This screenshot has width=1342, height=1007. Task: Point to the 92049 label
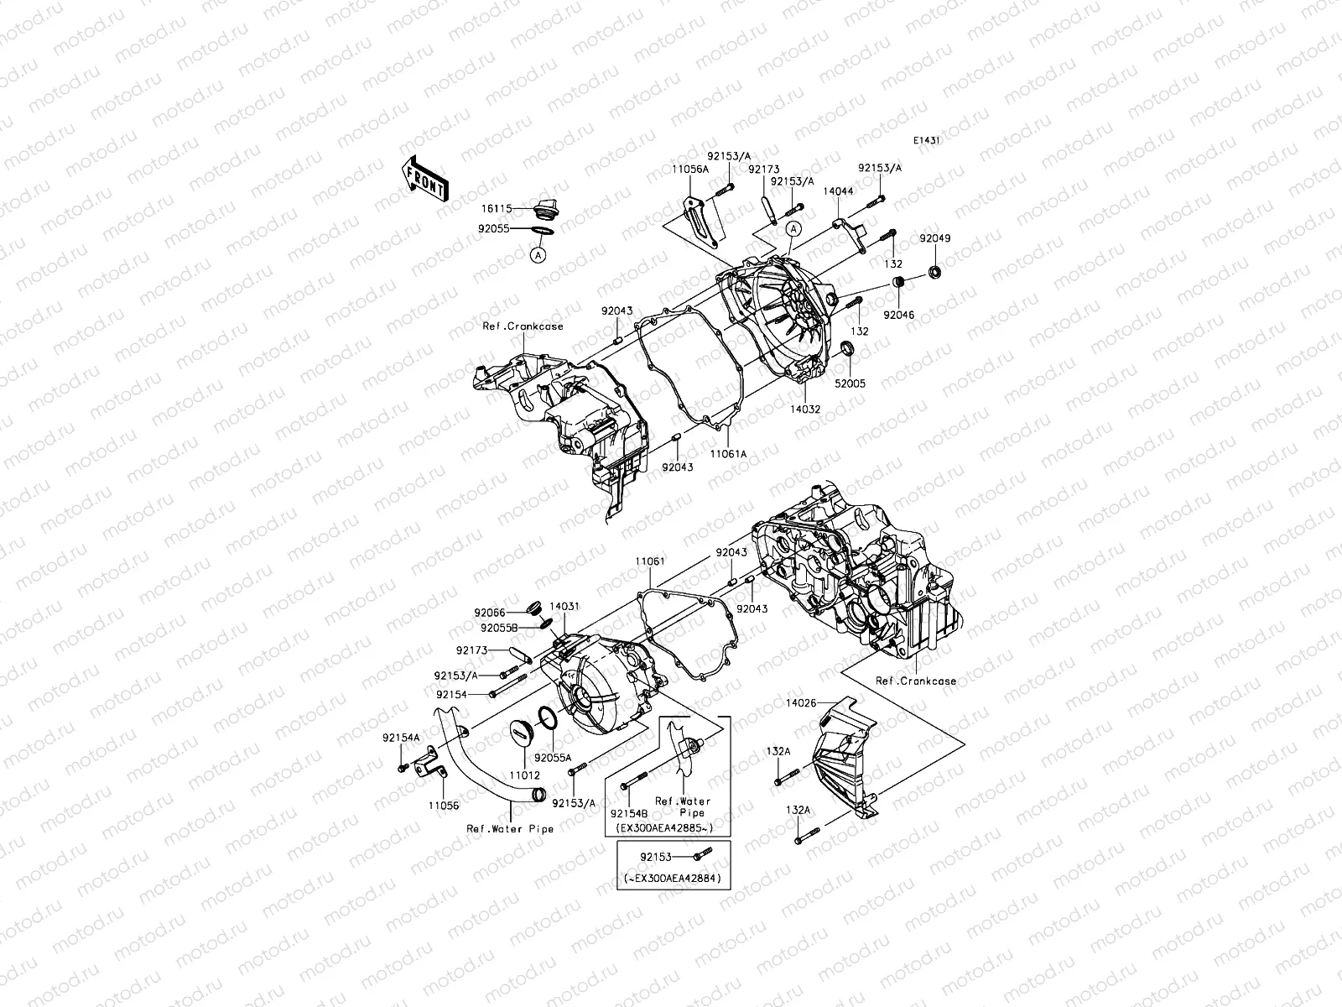[x=934, y=238]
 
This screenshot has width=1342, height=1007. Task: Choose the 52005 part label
[x=849, y=383]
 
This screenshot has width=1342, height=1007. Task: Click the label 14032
[x=804, y=410]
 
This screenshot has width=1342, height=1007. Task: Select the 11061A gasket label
[x=729, y=453]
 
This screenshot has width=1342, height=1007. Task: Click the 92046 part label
[x=897, y=316]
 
